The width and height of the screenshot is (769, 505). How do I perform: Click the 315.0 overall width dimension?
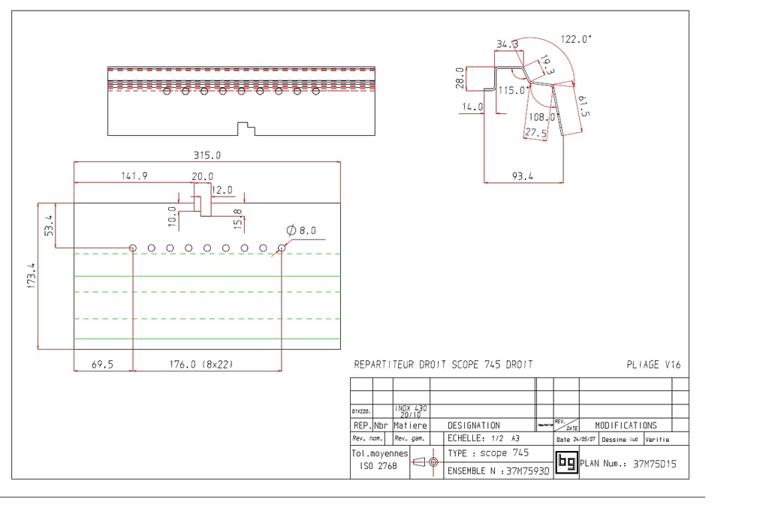(x=208, y=155)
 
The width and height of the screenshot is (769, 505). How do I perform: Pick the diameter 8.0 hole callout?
(x=302, y=230)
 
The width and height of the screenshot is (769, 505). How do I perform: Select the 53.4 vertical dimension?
(x=49, y=225)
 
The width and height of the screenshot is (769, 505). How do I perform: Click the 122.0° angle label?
(x=576, y=39)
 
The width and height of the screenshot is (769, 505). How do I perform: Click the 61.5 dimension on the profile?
(x=584, y=107)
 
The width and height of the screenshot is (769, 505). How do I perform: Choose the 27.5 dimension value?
(x=535, y=133)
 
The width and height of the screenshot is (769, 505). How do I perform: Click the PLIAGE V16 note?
(x=653, y=365)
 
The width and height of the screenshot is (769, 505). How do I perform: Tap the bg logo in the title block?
(x=566, y=462)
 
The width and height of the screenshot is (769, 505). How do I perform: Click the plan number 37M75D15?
(x=655, y=464)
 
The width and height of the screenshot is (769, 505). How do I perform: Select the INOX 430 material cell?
(x=410, y=410)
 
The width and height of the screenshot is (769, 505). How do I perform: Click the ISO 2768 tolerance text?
(x=377, y=465)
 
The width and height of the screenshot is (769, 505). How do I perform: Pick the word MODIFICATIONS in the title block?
(x=626, y=425)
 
